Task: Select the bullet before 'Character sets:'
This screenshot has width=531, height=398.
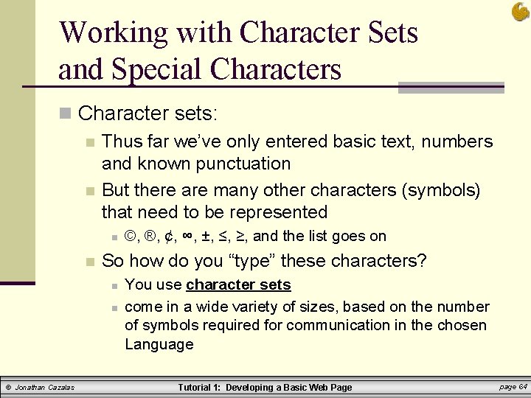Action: pos(66,114)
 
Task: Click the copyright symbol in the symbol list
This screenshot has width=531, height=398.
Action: pos(131,237)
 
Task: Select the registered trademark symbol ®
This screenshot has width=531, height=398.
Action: pos(150,237)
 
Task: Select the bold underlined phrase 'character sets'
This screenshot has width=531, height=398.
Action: pos(238,285)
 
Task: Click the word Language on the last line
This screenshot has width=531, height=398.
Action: pos(159,344)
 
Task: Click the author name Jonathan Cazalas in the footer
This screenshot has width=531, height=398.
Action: pos(45,387)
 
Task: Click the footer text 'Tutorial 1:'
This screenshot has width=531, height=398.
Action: pos(200,387)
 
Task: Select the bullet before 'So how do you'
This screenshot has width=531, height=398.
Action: pos(89,262)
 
